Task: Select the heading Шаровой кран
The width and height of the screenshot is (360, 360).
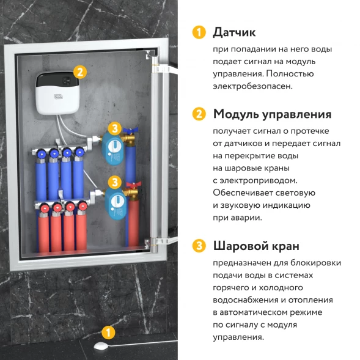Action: click(x=256, y=246)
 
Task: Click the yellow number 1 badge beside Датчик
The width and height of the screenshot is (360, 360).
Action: click(x=198, y=32)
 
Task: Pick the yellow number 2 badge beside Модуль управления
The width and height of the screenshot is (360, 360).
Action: click(x=198, y=114)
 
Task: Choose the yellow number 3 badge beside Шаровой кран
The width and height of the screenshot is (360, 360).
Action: click(x=198, y=246)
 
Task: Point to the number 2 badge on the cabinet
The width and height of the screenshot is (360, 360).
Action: click(x=78, y=71)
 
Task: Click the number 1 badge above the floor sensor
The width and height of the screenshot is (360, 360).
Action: click(x=108, y=332)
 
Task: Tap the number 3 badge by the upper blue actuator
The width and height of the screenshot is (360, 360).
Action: click(x=114, y=129)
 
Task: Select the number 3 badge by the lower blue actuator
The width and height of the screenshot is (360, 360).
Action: click(x=114, y=182)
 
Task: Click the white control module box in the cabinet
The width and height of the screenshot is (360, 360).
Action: click(x=57, y=93)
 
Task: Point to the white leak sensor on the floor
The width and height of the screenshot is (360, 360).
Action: click(x=100, y=346)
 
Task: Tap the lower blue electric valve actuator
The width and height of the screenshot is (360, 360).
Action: click(x=113, y=200)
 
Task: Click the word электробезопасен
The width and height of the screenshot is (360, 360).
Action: click(x=252, y=86)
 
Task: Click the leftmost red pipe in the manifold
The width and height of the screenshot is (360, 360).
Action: click(x=44, y=232)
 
